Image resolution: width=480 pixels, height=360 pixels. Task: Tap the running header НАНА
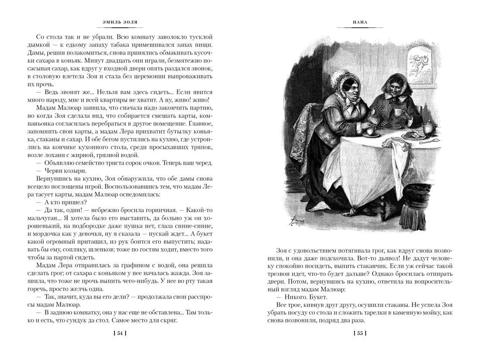[360, 23]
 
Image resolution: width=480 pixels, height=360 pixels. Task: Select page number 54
[120, 334]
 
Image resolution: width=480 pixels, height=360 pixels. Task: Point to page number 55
[360, 334]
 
